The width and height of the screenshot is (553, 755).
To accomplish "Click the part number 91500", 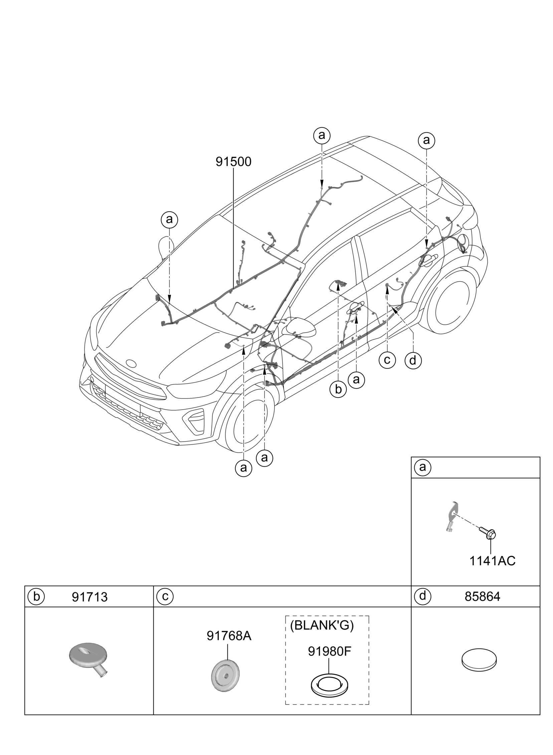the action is (x=233, y=162).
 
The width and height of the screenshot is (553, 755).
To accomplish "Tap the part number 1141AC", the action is (x=492, y=561).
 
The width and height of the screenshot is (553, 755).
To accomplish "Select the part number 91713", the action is (x=90, y=597).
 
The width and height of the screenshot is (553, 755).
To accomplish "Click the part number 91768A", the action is (x=229, y=636).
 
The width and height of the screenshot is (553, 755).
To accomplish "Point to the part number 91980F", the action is (x=329, y=651).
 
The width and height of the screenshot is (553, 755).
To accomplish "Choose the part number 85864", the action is (x=482, y=597).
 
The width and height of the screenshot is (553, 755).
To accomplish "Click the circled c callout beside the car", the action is (x=387, y=360).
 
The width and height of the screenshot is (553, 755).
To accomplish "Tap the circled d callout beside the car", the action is (x=413, y=360).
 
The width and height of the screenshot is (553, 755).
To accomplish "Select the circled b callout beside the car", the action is (x=338, y=390).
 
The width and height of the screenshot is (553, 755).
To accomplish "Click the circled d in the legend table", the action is (x=423, y=596).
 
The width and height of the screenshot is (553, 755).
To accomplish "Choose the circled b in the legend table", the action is (x=36, y=597).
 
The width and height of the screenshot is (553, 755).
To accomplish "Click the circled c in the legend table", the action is (x=165, y=597).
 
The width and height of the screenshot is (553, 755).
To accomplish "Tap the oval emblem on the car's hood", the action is (x=131, y=363).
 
